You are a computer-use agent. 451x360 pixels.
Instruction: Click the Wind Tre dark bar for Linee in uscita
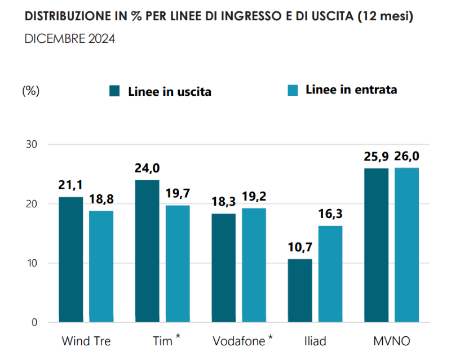point(70,259)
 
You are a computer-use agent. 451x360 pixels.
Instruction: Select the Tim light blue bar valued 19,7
point(178,264)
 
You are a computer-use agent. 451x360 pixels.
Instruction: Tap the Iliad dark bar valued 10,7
point(299,291)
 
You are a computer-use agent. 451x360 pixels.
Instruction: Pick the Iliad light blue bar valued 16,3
point(330,274)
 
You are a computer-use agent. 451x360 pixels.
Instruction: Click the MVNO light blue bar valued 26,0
point(407,245)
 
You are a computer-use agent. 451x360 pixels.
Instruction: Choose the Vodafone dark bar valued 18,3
point(223,268)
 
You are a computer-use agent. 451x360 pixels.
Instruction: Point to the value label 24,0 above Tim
point(147,168)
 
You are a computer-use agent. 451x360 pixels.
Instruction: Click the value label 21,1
point(70,185)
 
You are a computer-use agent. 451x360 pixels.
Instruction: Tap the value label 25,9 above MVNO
point(376,157)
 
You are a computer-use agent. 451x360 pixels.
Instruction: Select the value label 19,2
point(254,197)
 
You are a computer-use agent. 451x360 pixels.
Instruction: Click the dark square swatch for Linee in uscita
point(116,91)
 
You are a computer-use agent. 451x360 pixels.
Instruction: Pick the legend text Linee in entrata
point(351,90)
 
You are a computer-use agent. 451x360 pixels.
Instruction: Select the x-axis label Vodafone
point(239,341)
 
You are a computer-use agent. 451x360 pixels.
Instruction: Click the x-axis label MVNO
point(391,341)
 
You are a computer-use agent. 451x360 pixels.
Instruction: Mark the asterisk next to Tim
point(178,337)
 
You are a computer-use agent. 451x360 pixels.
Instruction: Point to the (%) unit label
point(30,91)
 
